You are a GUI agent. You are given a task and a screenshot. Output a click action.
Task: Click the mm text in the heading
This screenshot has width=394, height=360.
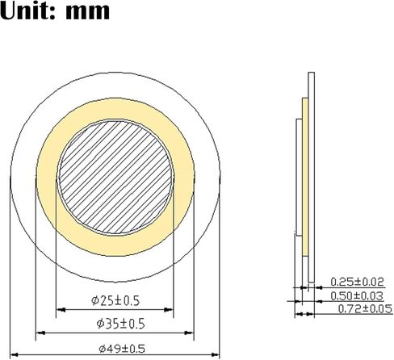[x=88, y=12]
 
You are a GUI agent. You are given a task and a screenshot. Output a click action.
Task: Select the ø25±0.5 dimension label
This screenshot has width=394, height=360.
[x=115, y=300]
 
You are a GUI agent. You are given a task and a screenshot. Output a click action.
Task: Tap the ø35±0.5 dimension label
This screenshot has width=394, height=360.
[x=120, y=324]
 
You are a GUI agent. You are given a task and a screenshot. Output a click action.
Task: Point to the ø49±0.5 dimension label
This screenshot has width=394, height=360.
[x=122, y=349]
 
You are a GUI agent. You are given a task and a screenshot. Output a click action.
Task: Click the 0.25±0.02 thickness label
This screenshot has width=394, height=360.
[x=357, y=282]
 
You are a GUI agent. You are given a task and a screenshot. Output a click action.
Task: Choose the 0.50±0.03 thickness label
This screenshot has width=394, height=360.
[x=357, y=296]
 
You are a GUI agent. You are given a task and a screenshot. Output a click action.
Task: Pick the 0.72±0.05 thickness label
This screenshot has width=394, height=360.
[x=365, y=309]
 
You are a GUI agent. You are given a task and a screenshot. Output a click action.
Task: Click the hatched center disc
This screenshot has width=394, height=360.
[x=115, y=178]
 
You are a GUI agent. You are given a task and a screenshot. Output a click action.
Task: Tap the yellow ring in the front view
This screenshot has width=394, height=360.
[x=115, y=111]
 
